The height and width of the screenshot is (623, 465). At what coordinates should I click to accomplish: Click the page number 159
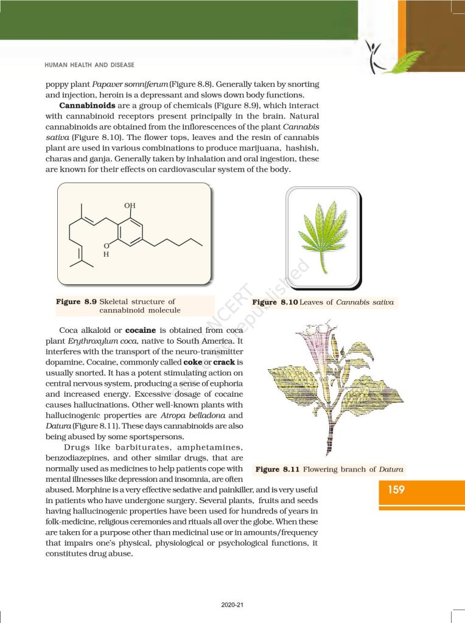[x=396, y=489]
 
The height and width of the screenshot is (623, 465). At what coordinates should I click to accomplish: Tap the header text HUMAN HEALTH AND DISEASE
[x=89, y=64]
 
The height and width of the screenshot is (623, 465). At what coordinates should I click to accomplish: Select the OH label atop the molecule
[x=130, y=206]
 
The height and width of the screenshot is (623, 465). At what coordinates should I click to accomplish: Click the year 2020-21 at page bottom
[x=232, y=605]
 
